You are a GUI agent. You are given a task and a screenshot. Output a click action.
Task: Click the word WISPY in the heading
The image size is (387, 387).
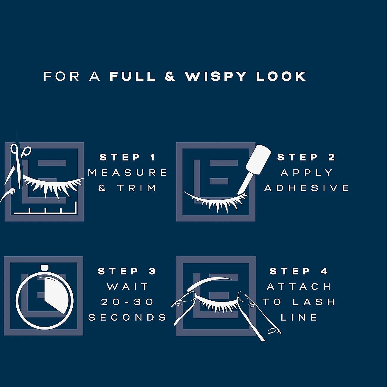point(215,76)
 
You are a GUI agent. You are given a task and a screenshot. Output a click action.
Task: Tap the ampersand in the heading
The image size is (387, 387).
point(170,76)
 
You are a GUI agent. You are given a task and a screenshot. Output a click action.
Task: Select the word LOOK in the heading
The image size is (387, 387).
point(281,76)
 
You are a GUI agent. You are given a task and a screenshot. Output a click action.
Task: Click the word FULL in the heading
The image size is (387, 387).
point(132,76)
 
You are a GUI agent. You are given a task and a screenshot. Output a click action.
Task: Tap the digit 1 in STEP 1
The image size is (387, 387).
point(153,157)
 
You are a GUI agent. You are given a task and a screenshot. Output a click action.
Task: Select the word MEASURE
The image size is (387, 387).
point(127,173)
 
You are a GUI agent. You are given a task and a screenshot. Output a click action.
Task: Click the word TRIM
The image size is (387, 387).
point(137,188)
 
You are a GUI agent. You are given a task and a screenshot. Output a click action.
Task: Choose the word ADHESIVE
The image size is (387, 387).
point(306,188)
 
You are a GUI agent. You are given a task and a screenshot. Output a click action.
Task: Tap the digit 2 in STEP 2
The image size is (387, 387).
point(332,157)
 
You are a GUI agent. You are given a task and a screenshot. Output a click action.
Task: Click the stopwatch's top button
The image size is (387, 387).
point(45,268)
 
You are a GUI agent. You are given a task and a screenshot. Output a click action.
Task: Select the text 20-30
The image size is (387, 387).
point(127,302)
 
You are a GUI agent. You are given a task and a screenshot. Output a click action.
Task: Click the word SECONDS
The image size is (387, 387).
point(127,317)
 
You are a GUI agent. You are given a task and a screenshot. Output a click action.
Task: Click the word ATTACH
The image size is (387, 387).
point(299,286)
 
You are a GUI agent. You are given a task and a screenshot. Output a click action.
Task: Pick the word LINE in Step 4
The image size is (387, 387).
point(299,317)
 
